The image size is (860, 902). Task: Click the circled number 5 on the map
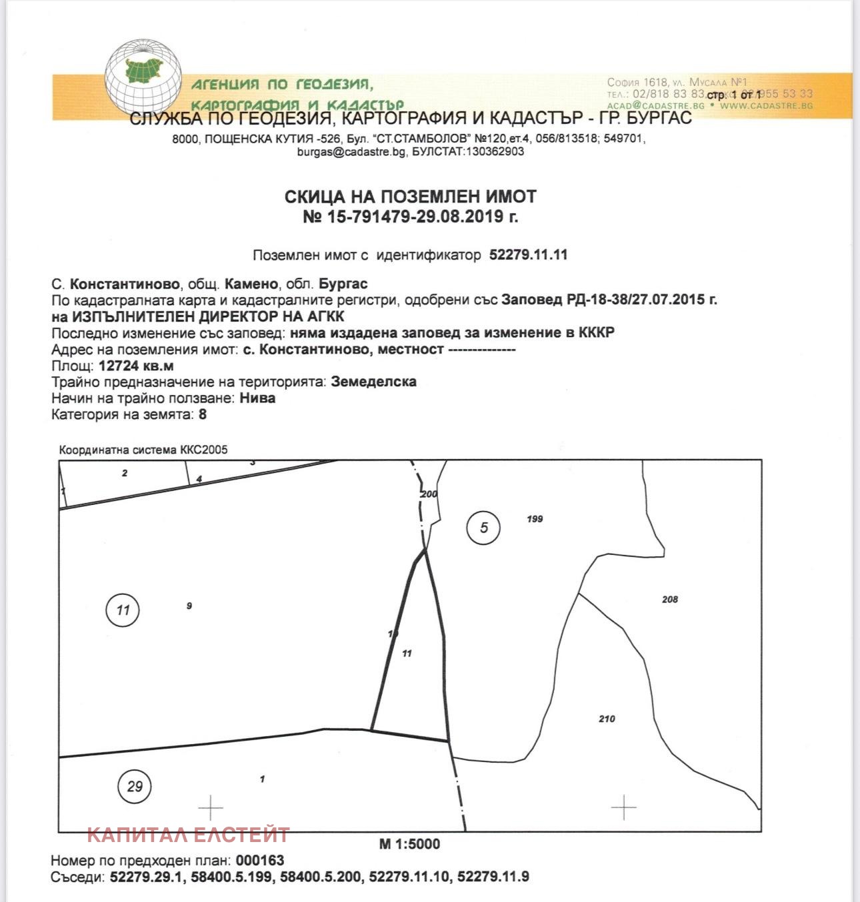click(483, 528)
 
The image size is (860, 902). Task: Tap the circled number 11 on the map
click(123, 610)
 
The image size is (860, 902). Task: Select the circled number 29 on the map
click(135, 786)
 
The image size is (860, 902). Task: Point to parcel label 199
click(535, 519)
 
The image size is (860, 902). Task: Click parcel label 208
click(670, 600)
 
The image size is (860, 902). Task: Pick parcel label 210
click(607, 719)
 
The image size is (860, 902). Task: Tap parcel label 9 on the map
click(189, 606)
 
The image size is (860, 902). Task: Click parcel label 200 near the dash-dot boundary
click(429, 494)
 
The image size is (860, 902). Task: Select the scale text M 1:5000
click(409, 844)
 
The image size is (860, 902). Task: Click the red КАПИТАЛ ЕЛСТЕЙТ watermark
click(189, 834)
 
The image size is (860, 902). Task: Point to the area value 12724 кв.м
click(136, 366)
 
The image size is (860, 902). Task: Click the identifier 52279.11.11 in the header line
click(528, 254)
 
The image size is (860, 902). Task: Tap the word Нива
click(257, 398)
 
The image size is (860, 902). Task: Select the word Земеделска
click(373, 382)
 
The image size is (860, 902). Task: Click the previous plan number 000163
click(260, 860)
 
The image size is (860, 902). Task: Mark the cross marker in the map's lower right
click(623, 807)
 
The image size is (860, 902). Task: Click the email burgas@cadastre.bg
click(351, 151)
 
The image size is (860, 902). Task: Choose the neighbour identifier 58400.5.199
click(231, 877)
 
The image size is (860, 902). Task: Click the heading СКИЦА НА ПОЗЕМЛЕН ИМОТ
click(410, 197)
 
